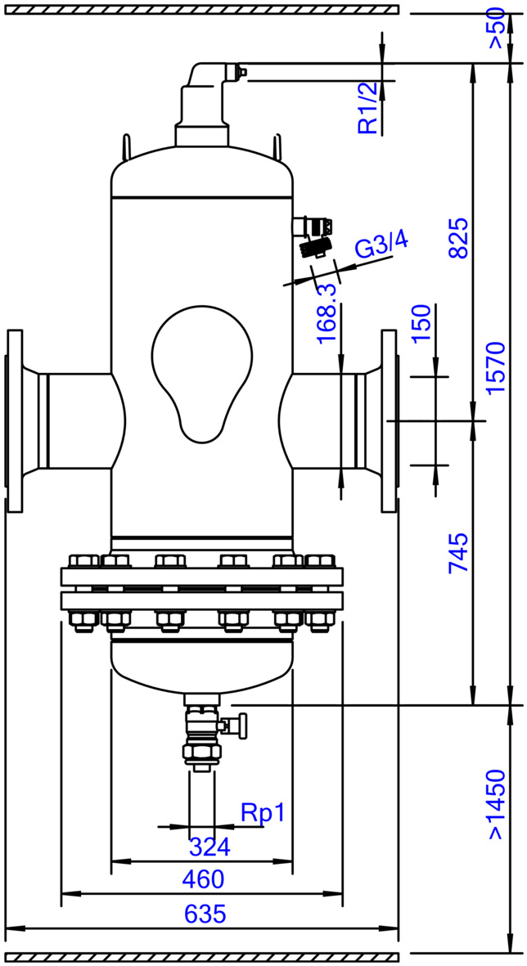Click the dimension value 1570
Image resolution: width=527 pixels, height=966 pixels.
click(495, 367)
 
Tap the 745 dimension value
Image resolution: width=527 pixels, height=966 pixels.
click(458, 554)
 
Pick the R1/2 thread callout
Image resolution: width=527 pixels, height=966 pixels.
click(368, 109)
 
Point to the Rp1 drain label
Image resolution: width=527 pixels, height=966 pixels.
click(263, 814)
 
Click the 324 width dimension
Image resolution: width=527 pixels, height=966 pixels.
click(209, 847)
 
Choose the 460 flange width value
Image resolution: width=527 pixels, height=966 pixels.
click(203, 880)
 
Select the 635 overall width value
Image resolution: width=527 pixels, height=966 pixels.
click(205, 914)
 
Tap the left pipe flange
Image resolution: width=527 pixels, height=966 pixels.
click(14, 421)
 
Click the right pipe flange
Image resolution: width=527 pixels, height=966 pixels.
click(390, 421)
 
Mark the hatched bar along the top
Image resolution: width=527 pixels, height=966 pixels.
click(201, 9)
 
